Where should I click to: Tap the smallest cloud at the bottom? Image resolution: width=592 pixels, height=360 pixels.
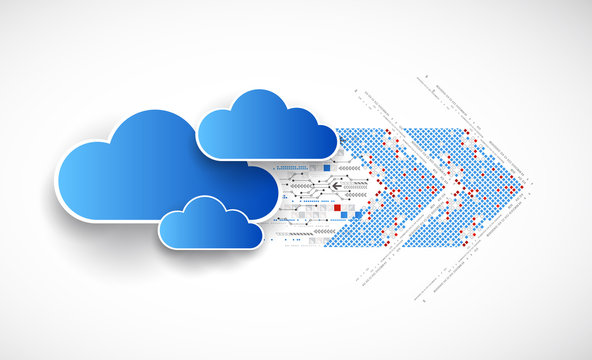point(210,225)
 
